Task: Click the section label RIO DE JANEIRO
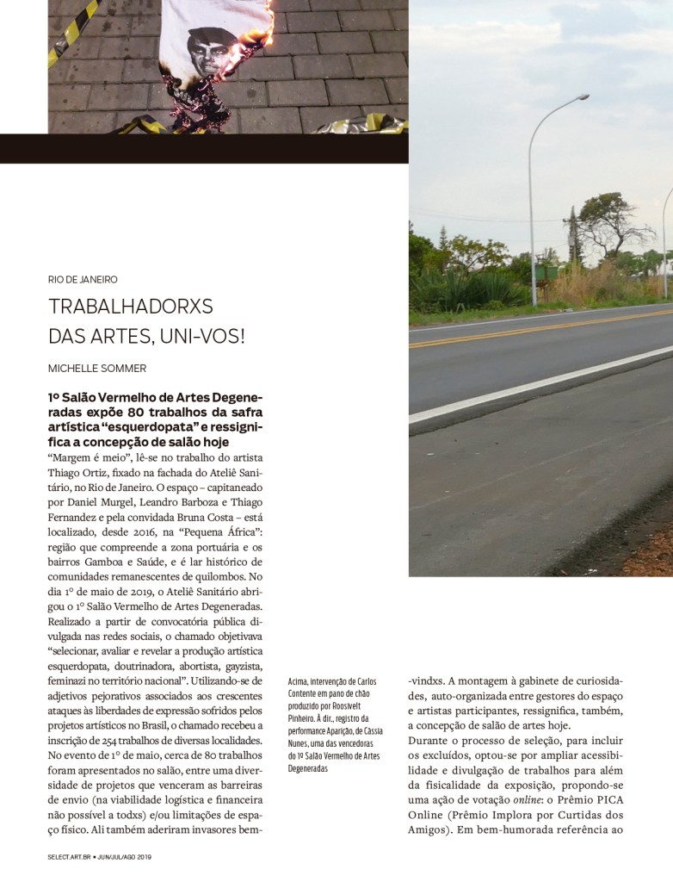coord(83,279)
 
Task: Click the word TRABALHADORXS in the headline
coord(130,307)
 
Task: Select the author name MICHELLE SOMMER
coord(96,368)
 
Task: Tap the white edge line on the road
coord(534,387)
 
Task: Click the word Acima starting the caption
coord(299,682)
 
